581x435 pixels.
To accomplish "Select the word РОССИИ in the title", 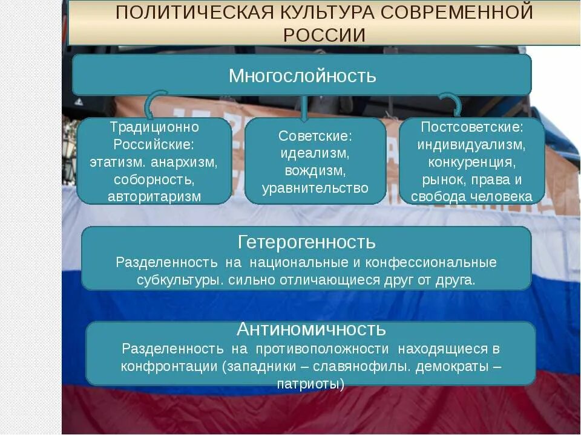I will [x=324, y=35].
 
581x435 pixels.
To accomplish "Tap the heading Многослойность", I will [x=302, y=76].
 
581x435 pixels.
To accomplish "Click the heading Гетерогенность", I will [x=307, y=242].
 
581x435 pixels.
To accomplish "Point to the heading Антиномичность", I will [x=311, y=329].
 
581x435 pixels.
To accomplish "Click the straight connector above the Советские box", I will [x=304, y=106].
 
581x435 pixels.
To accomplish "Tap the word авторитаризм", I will [x=154, y=196].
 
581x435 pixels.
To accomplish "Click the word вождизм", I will [x=314, y=171].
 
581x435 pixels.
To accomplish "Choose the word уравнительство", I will [x=315, y=188].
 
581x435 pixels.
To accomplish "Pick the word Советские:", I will [x=315, y=137].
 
